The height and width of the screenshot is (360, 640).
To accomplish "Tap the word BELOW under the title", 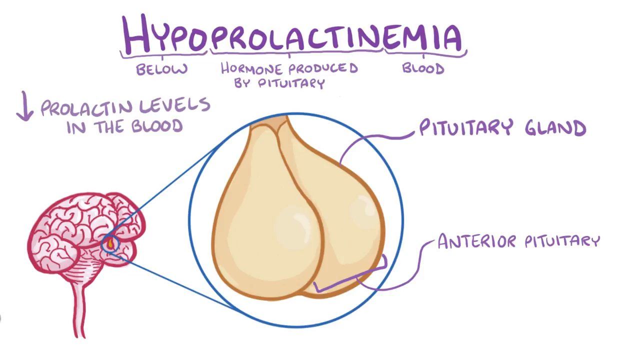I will pos(162,69).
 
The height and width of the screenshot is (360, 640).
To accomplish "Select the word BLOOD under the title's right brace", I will pos(423,68).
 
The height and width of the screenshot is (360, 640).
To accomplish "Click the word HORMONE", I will pos(253,68).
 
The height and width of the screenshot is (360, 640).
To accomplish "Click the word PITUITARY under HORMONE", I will pos(291,83).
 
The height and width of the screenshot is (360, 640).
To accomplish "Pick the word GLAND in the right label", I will pos(555,128).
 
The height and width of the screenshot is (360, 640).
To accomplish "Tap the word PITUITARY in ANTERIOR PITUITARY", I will pos(561,241).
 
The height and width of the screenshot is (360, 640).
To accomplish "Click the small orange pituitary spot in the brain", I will pos(110,244).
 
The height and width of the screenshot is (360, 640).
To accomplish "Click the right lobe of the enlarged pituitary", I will pos(345,210).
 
